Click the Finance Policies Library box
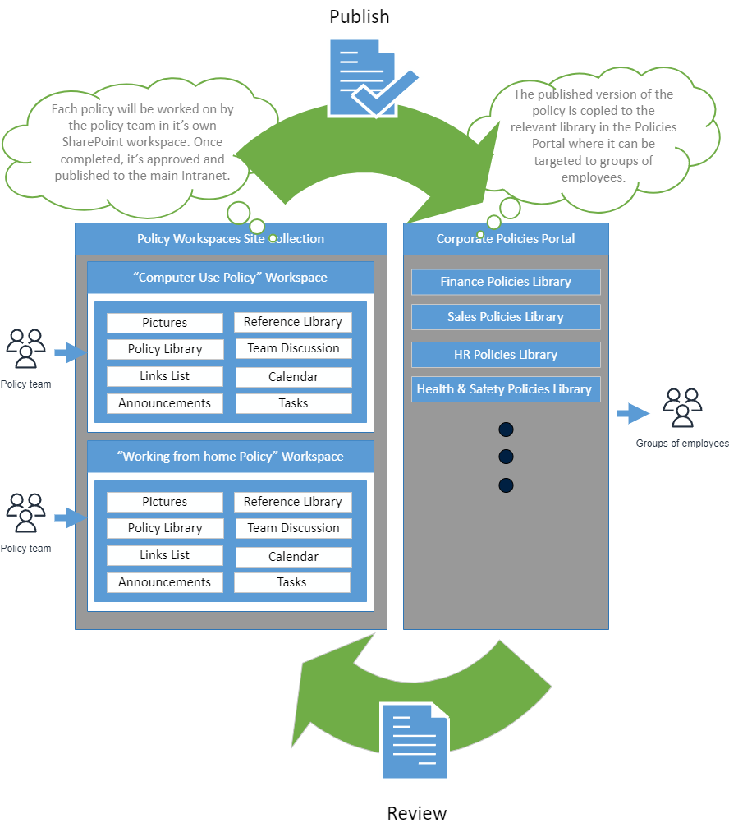[506, 282]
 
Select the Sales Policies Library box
[506, 317]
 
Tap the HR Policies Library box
[506, 355]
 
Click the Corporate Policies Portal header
[506, 239]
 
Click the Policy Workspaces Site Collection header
[231, 239]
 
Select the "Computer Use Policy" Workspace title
[231, 278]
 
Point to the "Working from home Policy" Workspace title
[231, 457]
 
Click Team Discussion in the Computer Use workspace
[293, 348]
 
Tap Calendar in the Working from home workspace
[293, 557]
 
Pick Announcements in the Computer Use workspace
[164, 403]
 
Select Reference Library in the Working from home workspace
[293, 502]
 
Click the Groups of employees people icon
[682, 407]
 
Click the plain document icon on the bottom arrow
[415, 741]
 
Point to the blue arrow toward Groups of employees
[633, 413]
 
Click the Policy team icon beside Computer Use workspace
[26, 348]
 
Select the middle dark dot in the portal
[506, 457]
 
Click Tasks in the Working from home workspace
[292, 582]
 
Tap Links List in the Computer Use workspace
[164, 376]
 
